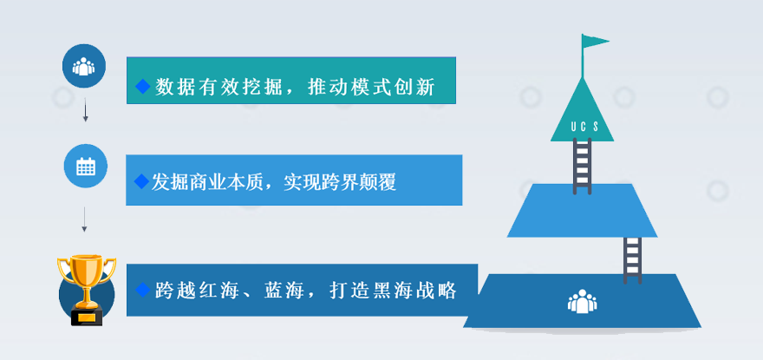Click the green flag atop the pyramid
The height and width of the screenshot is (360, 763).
click(594, 42)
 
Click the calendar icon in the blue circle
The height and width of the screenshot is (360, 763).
click(86, 167)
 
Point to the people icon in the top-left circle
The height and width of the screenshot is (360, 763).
click(84, 66)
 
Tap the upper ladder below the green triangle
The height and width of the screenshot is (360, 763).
click(582, 166)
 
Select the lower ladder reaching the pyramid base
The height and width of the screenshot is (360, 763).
click(632, 259)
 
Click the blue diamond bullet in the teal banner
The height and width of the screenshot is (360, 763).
click(143, 87)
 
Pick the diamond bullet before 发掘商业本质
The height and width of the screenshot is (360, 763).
click(141, 181)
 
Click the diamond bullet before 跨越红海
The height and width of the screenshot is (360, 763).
click(142, 290)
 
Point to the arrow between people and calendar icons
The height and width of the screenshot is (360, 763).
click(86, 109)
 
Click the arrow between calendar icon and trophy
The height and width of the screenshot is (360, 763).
click(84, 219)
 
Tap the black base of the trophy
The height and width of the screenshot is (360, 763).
click(87, 317)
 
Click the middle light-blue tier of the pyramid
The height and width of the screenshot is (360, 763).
click(582, 211)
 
